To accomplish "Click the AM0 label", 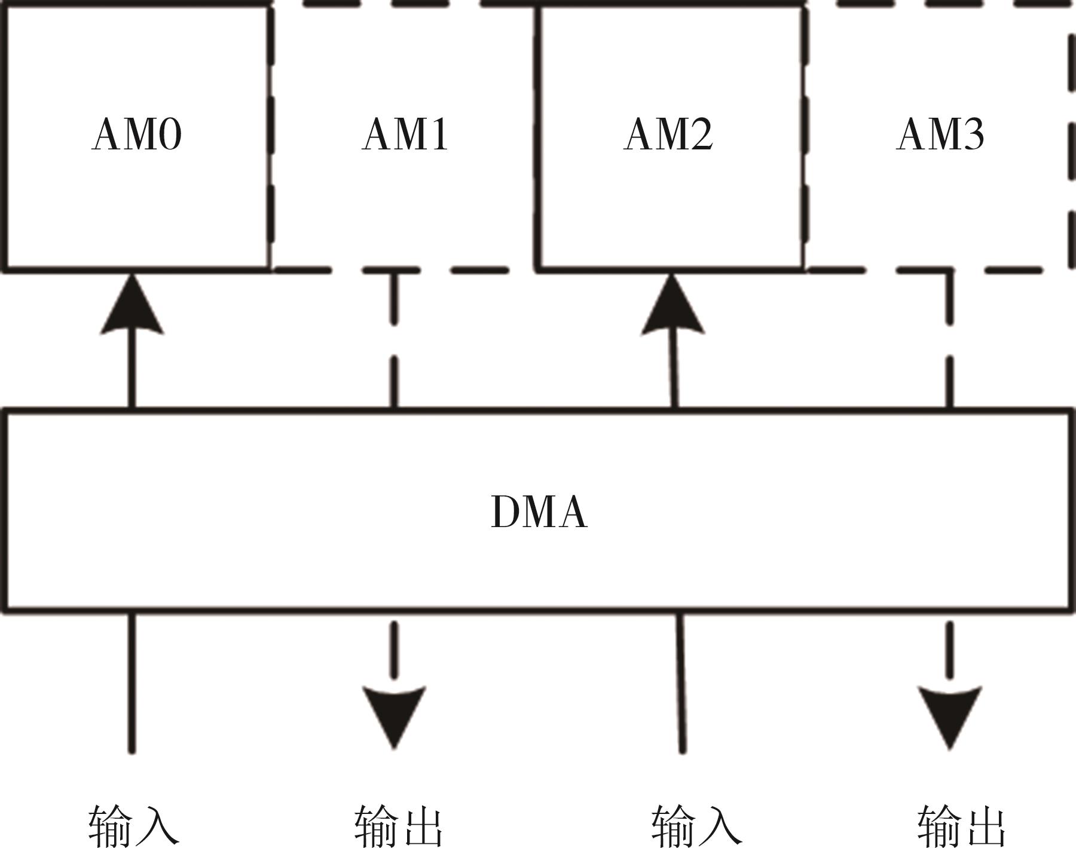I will (x=136, y=134).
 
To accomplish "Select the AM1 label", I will (x=405, y=134).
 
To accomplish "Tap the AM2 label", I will (x=668, y=134).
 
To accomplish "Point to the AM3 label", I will (x=940, y=134).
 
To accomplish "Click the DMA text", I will (x=539, y=512).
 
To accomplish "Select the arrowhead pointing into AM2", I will (x=672, y=307).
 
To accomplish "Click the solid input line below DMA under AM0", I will (x=132, y=681).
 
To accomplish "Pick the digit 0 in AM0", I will (x=170, y=134).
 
